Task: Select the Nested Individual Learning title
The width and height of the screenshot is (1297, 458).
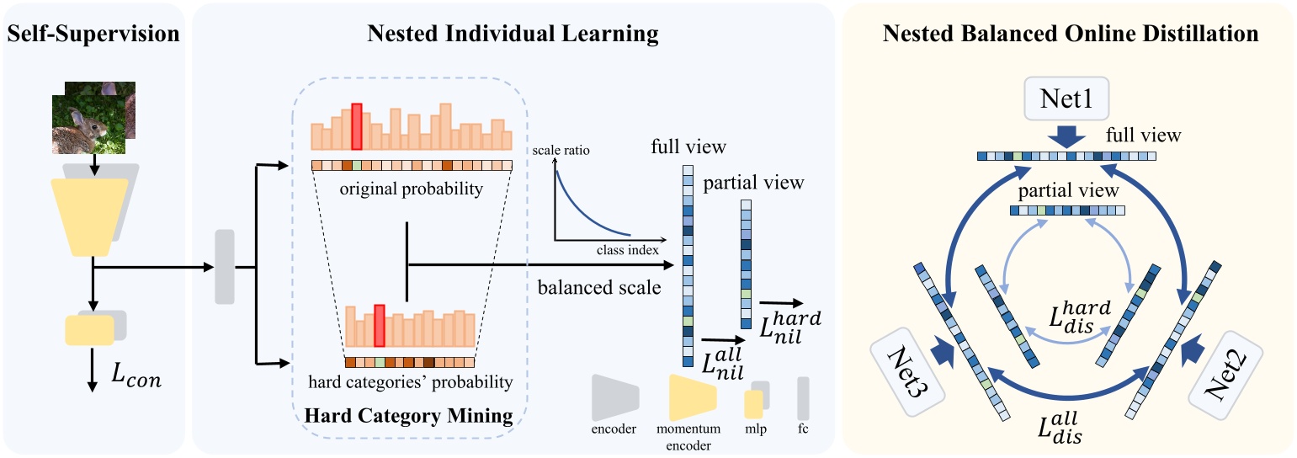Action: point(513,34)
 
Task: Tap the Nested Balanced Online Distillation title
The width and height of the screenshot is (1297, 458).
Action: point(1070,34)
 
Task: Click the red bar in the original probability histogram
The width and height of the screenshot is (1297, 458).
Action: point(357,126)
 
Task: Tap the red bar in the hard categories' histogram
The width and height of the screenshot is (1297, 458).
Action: point(380,326)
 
